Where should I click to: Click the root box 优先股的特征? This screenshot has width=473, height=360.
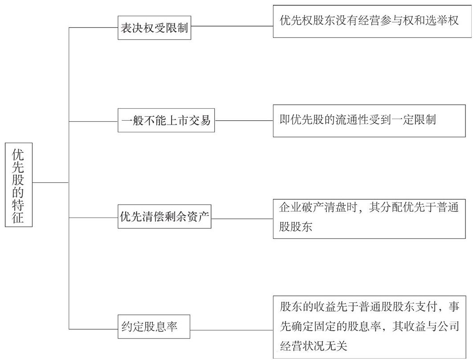(x=19, y=184)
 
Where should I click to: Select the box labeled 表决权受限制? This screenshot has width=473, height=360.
(x=154, y=28)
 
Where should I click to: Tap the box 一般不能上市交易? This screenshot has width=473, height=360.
(x=166, y=120)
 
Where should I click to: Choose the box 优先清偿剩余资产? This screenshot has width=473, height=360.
(x=164, y=217)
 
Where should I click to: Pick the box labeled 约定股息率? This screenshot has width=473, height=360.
(x=154, y=327)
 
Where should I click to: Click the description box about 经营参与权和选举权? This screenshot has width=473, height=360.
(x=372, y=21)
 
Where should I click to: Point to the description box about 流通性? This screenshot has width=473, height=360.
(x=369, y=121)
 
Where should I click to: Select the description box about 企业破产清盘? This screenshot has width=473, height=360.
(x=369, y=219)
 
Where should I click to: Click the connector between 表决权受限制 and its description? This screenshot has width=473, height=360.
(x=232, y=26)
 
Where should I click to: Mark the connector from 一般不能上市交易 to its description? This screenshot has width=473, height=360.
(x=244, y=120)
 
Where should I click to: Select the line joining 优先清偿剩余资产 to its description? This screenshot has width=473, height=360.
(x=242, y=219)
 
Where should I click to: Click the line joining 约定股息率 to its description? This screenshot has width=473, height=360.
(x=232, y=330)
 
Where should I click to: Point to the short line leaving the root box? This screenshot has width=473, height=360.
(x=51, y=183)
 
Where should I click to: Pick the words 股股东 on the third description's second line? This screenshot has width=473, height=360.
(x=296, y=227)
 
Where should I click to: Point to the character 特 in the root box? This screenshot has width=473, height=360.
(x=18, y=205)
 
